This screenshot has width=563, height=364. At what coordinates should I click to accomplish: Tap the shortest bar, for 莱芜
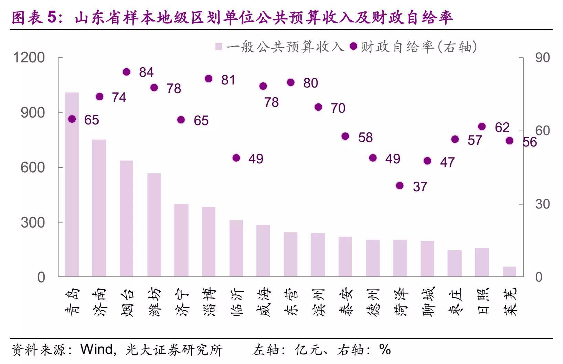click(509, 272)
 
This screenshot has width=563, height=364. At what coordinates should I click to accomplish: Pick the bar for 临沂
click(236, 248)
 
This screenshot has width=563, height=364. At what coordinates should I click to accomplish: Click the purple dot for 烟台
click(126, 72)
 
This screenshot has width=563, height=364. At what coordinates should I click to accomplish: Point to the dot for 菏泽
click(400, 186)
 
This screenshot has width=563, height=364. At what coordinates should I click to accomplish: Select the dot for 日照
click(482, 127)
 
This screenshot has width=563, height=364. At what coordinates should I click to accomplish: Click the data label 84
click(146, 72)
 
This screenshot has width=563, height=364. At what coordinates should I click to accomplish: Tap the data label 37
click(420, 187)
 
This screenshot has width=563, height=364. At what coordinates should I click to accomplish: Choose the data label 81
click(228, 80)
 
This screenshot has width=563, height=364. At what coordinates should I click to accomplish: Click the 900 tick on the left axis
click(33, 112)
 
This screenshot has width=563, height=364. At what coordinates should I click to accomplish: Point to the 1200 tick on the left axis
click(29, 58)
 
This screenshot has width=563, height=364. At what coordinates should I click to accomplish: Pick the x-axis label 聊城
click(427, 302)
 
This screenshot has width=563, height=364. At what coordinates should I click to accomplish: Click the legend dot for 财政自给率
click(353, 46)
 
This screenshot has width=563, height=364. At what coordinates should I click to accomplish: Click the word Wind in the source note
click(96, 349)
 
